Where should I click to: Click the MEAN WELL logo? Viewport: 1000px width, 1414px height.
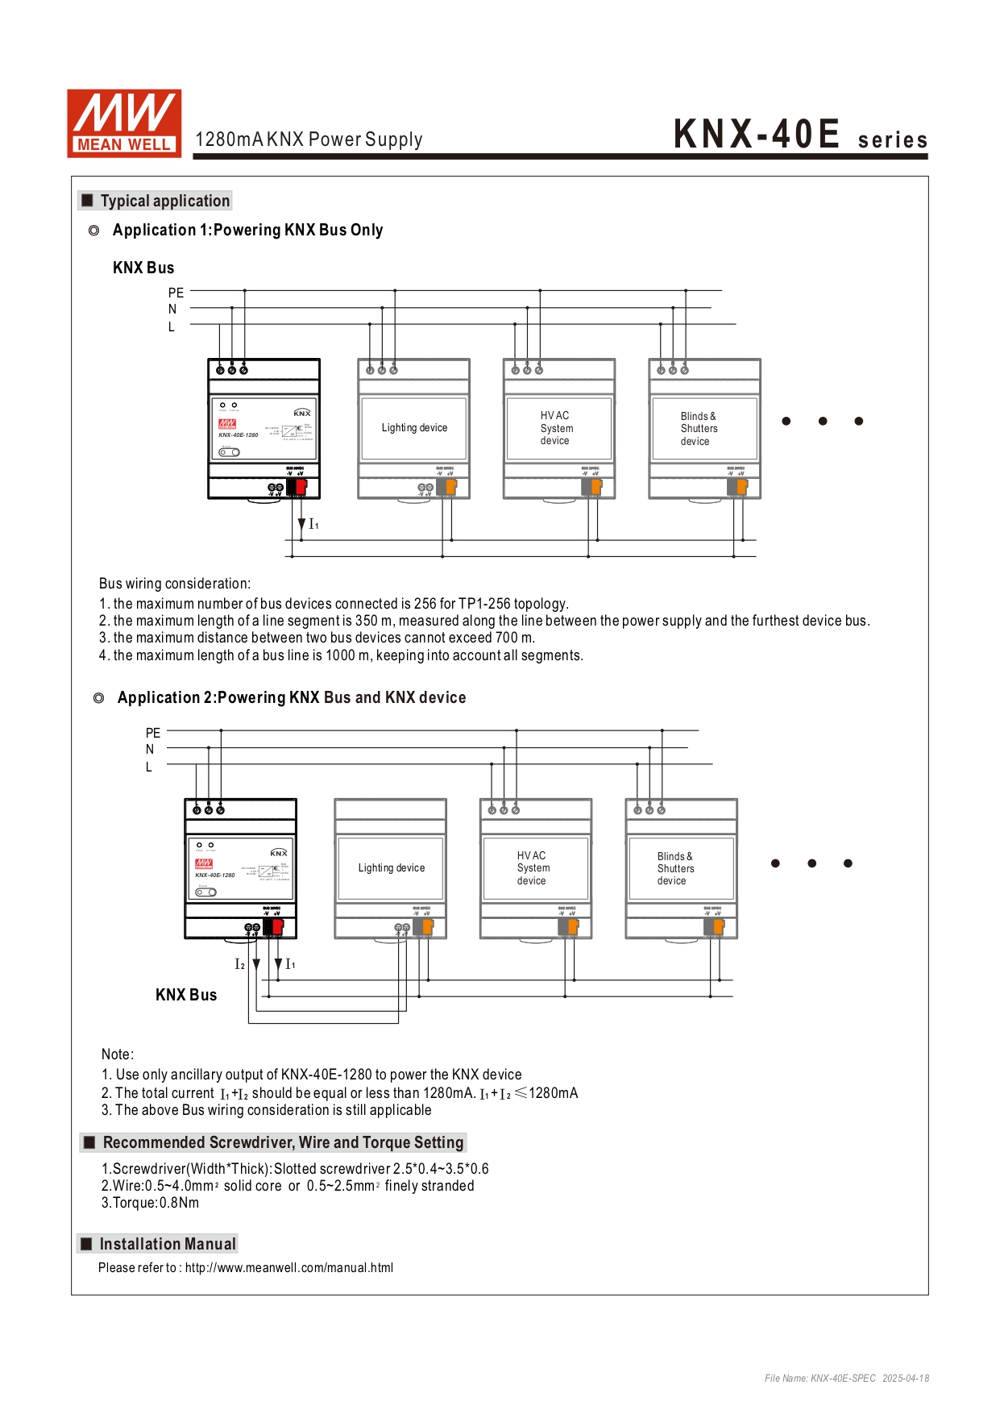coord(124,123)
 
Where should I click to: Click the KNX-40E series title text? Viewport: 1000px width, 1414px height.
coord(799,135)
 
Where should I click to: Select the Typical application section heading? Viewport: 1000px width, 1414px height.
coord(164,201)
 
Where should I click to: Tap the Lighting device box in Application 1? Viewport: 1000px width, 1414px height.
coord(414,428)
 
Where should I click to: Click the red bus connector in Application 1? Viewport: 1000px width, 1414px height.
coord(301,487)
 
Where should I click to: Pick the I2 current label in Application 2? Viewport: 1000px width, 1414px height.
coord(239,964)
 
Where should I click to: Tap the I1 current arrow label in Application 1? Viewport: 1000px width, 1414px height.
coord(313,525)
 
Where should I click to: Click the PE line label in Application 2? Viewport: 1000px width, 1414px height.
coord(153,733)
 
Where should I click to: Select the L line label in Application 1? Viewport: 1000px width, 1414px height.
coord(171,326)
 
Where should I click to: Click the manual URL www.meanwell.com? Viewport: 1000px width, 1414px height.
coord(288,1267)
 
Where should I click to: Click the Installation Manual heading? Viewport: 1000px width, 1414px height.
coord(168,1244)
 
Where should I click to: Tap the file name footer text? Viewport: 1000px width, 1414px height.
coord(846,1378)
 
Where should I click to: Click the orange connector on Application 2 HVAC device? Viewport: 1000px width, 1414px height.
coord(573,927)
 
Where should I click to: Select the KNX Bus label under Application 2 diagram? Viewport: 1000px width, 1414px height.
coord(186,995)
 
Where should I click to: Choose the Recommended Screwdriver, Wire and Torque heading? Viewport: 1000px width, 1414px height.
coord(283,1142)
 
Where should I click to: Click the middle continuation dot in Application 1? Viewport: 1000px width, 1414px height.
coord(822,421)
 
